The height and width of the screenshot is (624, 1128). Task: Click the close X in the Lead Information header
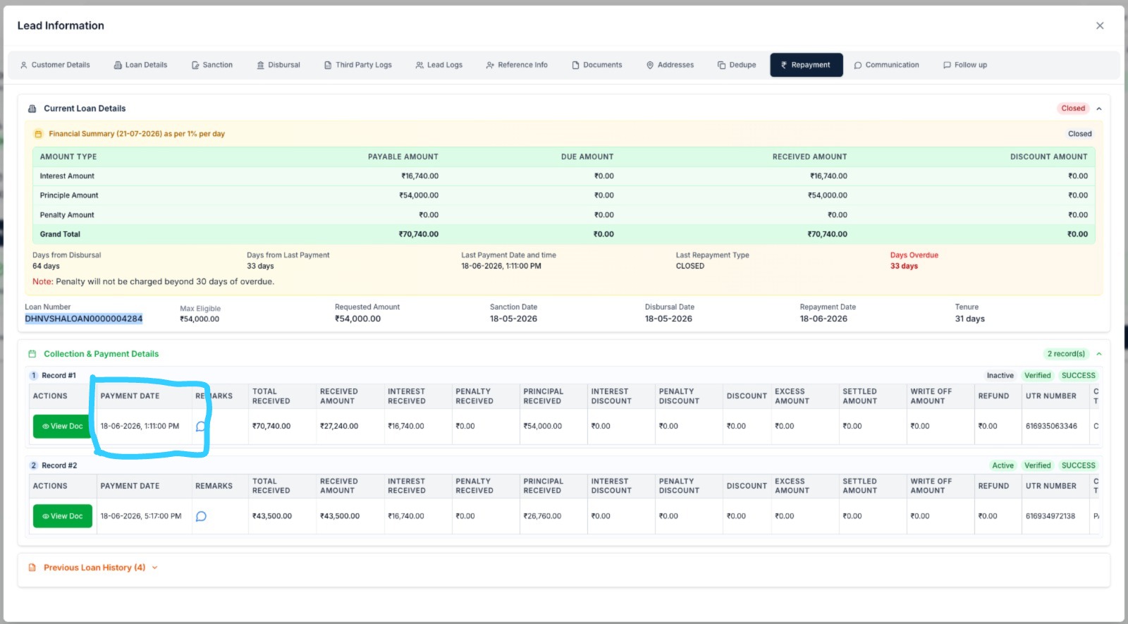tap(1100, 25)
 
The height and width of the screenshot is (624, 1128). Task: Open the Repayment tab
tap(807, 65)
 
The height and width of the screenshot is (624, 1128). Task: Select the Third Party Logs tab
tap(357, 65)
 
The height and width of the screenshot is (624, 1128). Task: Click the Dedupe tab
tap(737, 65)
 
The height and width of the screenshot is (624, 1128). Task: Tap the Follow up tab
tap(965, 65)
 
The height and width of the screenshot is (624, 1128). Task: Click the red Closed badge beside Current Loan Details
tap(1073, 109)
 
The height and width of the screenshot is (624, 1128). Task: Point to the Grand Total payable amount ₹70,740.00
tap(419, 234)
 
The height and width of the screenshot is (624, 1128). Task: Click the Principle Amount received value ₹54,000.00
tap(828, 195)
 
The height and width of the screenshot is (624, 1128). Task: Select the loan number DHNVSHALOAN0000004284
tap(84, 319)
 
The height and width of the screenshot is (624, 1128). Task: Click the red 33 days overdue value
tap(904, 266)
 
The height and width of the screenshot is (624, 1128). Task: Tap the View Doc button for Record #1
tap(63, 426)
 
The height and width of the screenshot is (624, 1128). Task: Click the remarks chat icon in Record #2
tap(201, 516)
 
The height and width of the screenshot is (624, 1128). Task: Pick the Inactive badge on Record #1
tap(1000, 375)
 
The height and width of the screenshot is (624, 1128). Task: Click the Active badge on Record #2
tap(1003, 465)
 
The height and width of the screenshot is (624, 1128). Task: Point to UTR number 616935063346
tap(1051, 426)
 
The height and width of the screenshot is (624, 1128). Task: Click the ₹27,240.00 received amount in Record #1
tap(339, 426)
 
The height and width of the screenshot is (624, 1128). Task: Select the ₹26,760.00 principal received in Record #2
tap(542, 516)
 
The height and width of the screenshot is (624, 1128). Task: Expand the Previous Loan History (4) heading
tap(94, 568)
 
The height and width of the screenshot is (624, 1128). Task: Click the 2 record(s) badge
tap(1066, 353)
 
